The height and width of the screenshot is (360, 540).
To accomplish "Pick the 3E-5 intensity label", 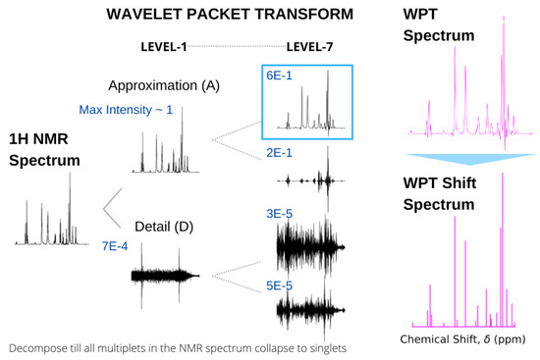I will point(280,210).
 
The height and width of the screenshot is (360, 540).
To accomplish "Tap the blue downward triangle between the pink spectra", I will point(468,161).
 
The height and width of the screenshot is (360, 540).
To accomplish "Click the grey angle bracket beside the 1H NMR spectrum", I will point(113,206).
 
